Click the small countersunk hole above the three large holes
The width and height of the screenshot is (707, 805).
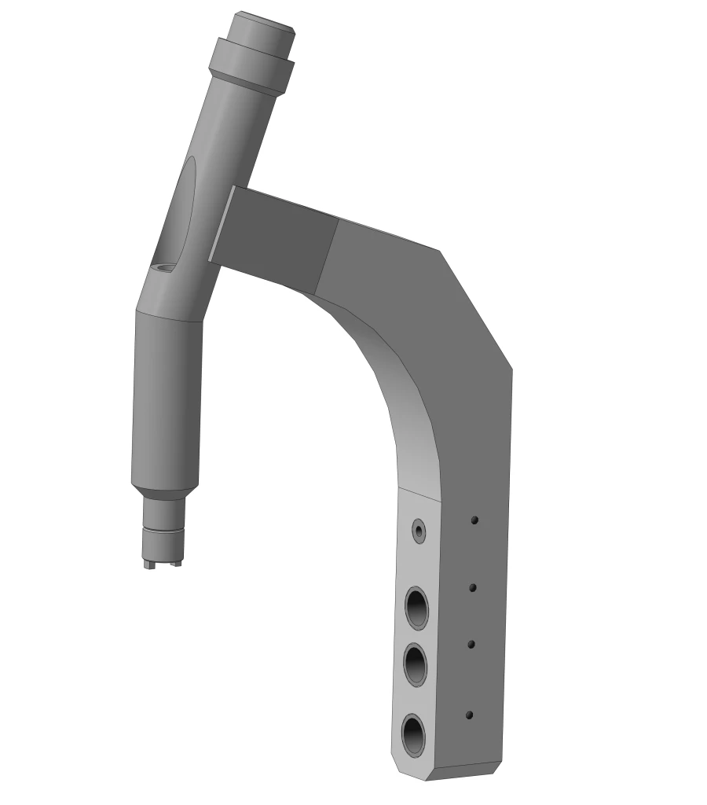(x=419, y=531)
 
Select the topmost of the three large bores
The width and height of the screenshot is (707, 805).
(x=416, y=608)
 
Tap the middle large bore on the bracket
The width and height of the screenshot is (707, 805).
(x=416, y=665)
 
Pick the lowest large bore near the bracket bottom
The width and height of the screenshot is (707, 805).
(x=413, y=734)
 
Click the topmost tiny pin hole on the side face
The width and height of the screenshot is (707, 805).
(x=474, y=520)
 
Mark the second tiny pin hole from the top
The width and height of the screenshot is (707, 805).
(x=473, y=587)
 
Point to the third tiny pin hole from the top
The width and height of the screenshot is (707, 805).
(x=471, y=644)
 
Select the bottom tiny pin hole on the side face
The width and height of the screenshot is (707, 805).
(x=469, y=715)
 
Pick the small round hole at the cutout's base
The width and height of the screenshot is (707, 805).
(x=165, y=267)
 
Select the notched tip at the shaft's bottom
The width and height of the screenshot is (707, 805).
(x=163, y=554)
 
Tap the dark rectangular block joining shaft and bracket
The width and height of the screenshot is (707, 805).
(x=275, y=234)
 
